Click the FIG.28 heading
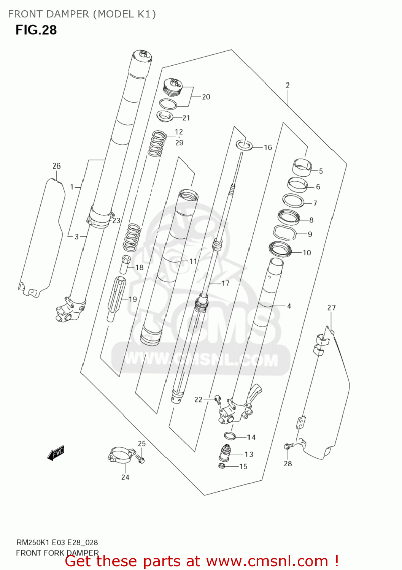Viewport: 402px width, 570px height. pyautogui.click(x=36, y=30)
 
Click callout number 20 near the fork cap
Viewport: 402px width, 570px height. pyautogui.click(x=206, y=97)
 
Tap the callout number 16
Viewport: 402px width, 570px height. pyautogui.click(x=268, y=147)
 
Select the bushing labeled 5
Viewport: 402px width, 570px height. pyautogui.click(x=302, y=166)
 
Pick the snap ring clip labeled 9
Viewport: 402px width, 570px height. pyautogui.click(x=285, y=232)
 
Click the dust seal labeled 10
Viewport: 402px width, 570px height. pyautogui.click(x=280, y=249)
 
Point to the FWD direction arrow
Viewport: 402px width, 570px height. pyautogui.click(x=56, y=453)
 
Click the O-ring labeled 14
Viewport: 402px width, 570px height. pyautogui.click(x=230, y=436)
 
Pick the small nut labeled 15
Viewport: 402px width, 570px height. pyautogui.click(x=222, y=466)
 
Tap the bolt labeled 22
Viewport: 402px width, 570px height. pyautogui.click(x=218, y=398)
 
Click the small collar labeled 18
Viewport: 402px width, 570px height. pyautogui.click(x=125, y=264)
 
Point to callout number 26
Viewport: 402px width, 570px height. pyautogui.click(x=56, y=166)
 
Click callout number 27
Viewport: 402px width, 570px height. pyautogui.click(x=331, y=308)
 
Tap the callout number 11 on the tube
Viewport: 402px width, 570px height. pyautogui.click(x=193, y=261)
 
